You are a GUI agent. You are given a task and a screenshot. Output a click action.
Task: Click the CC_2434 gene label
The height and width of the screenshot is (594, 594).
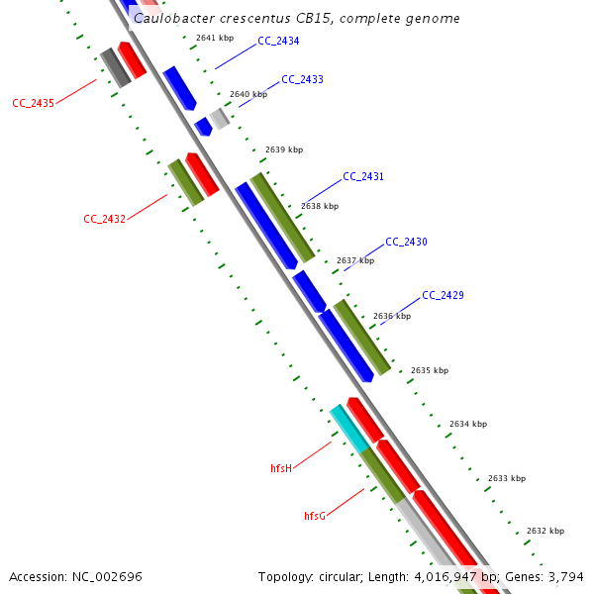point(278,42)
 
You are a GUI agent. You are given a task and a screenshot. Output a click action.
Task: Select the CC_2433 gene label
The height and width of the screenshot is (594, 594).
point(302,79)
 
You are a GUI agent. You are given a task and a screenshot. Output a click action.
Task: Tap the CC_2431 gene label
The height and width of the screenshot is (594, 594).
point(363,177)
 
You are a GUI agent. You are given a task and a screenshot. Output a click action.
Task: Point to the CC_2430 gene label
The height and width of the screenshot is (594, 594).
point(406,243)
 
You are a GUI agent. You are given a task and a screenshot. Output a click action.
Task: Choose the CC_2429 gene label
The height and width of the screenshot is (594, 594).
point(443,296)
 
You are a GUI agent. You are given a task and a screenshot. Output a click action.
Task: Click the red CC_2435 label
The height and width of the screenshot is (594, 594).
point(33,103)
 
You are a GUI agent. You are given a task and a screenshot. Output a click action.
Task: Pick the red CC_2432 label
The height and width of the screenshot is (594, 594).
point(104,219)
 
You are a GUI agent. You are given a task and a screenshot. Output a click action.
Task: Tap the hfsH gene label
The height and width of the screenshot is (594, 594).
point(281,467)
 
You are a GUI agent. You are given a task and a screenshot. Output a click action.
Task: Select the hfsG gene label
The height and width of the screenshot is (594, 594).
point(315,516)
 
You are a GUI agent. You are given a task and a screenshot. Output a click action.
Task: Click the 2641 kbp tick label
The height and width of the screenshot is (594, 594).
point(215,38)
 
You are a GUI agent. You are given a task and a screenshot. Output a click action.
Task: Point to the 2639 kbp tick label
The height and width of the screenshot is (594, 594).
point(284,150)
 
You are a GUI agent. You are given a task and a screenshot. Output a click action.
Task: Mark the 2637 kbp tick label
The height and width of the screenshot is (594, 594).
point(355,261)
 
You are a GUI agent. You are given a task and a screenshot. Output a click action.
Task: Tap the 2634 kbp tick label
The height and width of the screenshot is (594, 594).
point(468,424)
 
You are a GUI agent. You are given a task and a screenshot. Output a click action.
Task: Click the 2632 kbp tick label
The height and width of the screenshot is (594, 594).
point(545,531)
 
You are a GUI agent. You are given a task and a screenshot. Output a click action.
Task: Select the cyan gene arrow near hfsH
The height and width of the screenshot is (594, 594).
point(347,428)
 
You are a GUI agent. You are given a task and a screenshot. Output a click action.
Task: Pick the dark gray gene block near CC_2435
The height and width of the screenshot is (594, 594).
point(115,67)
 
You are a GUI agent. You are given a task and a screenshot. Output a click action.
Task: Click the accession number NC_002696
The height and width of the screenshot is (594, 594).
point(106,576)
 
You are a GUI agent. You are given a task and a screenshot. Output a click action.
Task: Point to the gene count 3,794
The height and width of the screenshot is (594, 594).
point(564,576)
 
